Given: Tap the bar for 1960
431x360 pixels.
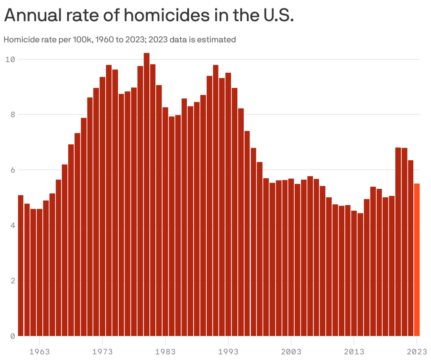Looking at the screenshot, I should [x=21, y=265].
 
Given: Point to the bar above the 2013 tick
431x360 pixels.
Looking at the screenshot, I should [x=354, y=273].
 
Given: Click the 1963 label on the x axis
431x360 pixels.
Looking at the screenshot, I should [x=39, y=351].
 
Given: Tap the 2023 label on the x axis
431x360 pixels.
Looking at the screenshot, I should [x=417, y=351].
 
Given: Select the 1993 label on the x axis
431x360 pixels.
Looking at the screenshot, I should [x=228, y=351].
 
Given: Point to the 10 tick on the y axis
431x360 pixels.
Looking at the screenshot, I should [x=10, y=59].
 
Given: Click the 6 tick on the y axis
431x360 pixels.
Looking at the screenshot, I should [x=12, y=170].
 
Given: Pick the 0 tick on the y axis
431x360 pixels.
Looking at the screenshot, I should [x=12, y=336].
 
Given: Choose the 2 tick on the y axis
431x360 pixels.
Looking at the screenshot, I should [x=12, y=281].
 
